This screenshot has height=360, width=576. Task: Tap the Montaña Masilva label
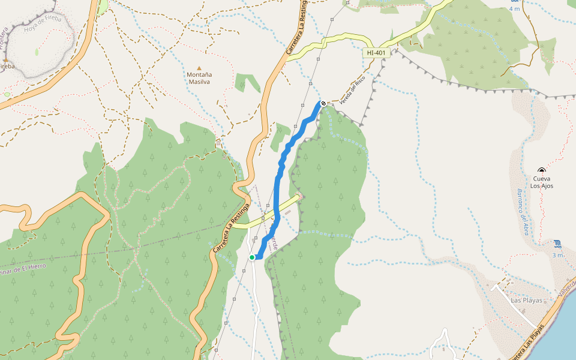[199, 78]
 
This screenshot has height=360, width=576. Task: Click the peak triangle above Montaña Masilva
[199, 68]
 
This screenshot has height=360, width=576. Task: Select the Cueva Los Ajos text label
[542, 182]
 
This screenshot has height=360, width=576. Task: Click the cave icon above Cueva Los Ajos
[542, 170]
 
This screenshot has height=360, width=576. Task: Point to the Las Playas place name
[526, 300]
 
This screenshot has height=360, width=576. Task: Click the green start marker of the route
[252, 257]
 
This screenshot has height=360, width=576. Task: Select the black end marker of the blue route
[323, 104]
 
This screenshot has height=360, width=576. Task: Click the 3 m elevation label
[558, 255]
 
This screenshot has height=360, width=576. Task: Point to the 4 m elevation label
[514, 9]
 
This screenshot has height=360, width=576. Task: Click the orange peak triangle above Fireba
[5, 61]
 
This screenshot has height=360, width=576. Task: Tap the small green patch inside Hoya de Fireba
[37, 52]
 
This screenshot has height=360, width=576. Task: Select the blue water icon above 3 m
[558, 244]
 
